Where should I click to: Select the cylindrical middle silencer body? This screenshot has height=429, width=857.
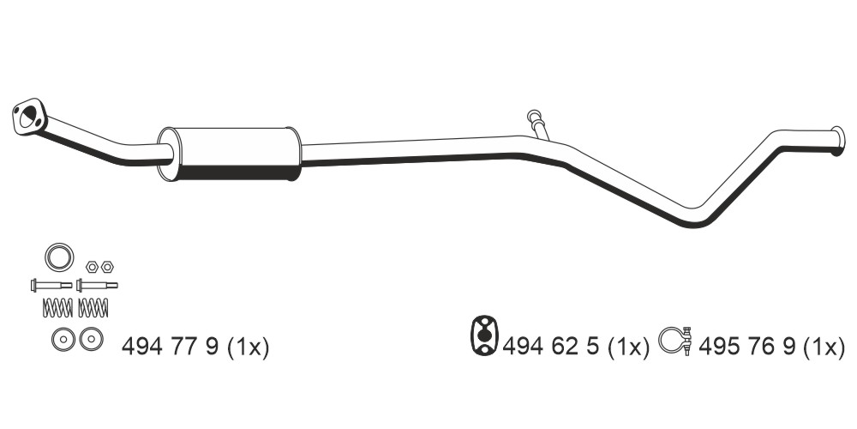tap(230, 154)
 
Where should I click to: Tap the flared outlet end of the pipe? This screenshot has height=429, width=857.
tap(837, 141)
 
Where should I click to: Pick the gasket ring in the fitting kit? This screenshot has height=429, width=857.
tap(60, 257)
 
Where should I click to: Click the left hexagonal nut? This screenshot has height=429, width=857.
tap(92, 267)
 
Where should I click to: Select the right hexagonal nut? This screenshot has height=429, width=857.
tap(107, 267)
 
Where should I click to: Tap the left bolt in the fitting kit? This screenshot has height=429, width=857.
tap(51, 285)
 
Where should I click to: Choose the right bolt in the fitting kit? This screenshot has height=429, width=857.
tap(97, 285)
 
